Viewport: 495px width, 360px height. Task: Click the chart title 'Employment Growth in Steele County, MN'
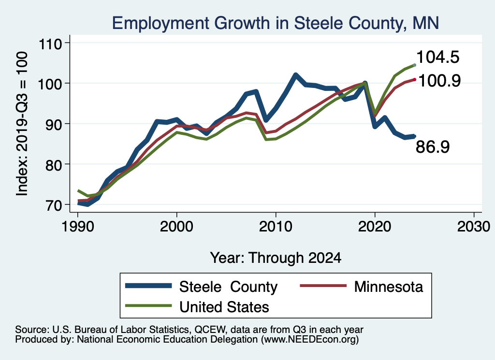[275, 23]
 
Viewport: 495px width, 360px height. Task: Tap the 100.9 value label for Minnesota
[438, 80]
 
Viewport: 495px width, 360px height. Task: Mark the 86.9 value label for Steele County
[433, 147]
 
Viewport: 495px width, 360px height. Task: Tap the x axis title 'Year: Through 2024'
[276, 258]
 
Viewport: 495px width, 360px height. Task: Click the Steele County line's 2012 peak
[295, 75]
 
